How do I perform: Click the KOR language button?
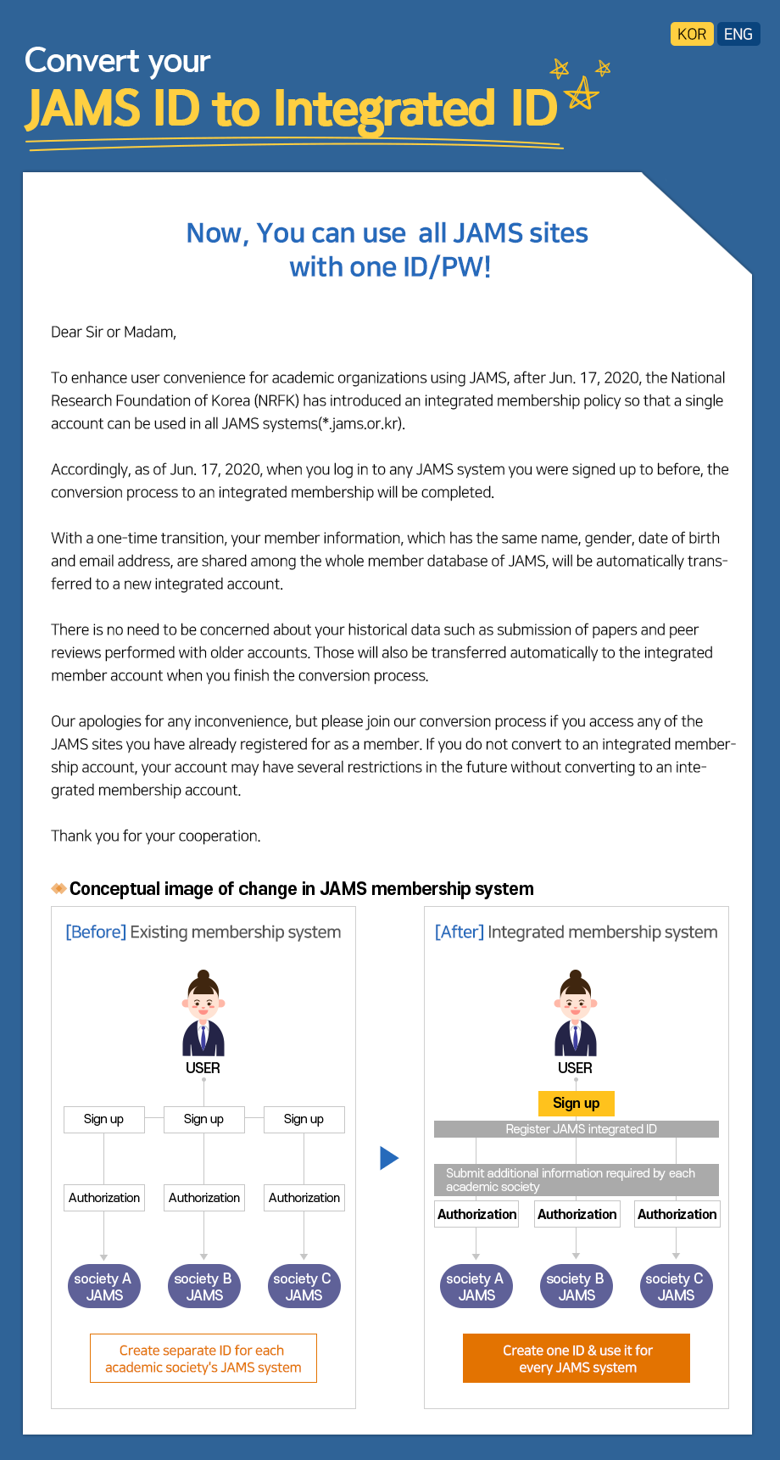tap(691, 34)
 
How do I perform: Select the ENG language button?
tap(738, 34)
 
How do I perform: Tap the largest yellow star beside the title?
tap(581, 93)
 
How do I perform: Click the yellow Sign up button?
tap(576, 1103)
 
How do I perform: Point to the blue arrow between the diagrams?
tap(389, 1158)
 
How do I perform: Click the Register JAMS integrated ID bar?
tap(577, 1129)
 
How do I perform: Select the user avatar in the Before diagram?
tap(203, 1013)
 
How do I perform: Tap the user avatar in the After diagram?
tap(576, 1013)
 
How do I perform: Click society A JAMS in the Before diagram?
tap(103, 1286)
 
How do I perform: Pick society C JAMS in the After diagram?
tap(676, 1286)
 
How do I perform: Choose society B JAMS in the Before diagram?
tap(203, 1286)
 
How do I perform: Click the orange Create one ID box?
tap(577, 1358)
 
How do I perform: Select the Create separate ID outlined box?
tap(203, 1358)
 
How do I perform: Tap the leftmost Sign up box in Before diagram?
tap(103, 1119)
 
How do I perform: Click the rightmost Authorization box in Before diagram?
tap(304, 1198)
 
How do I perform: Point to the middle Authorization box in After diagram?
tap(577, 1214)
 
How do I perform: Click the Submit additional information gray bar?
tap(577, 1179)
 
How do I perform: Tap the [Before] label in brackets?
tap(96, 931)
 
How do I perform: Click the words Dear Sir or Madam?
tap(114, 332)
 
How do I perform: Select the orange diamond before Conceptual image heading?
tap(58, 888)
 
